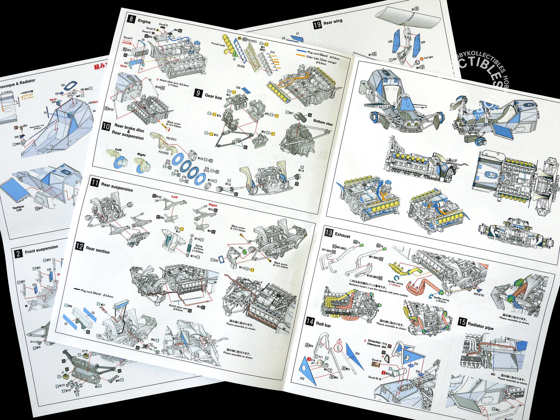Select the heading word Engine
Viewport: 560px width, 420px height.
click(x=144, y=22)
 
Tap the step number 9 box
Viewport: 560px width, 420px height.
click(x=198, y=93)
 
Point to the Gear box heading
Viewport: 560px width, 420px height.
click(x=213, y=97)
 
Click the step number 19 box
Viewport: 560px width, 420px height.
click(x=317, y=25)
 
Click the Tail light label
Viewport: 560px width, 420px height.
click(x=428, y=57)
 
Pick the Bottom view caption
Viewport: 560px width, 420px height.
click(x=322, y=122)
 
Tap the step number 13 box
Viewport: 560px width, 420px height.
click(x=329, y=232)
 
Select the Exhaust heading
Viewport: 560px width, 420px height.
click(x=343, y=236)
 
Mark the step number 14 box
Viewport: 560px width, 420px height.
click(x=310, y=321)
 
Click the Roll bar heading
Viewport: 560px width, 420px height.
click(x=324, y=325)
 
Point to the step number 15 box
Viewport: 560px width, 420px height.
click(x=462, y=322)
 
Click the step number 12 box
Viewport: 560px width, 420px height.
click(x=79, y=246)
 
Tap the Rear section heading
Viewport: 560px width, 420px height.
click(x=98, y=250)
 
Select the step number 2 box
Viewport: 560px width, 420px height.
click(x=18, y=254)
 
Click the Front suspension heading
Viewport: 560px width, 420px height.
click(x=41, y=250)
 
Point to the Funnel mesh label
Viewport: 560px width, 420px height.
click(x=218, y=45)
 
